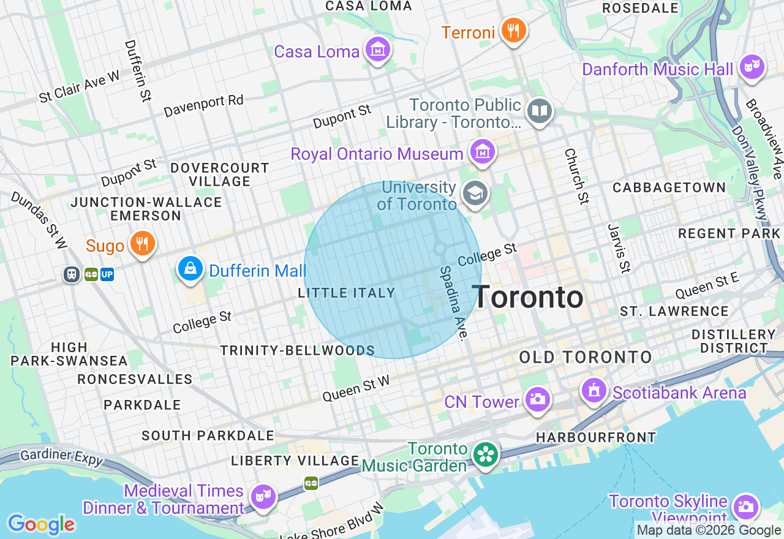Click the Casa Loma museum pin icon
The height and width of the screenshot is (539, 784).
click(x=378, y=50)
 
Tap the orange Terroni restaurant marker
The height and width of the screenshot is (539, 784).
click(x=513, y=30)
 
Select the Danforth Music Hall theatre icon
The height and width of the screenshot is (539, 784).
click(x=752, y=67)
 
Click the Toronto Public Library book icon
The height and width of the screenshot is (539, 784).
click(x=540, y=111)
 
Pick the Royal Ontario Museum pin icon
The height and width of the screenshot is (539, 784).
click(x=482, y=151)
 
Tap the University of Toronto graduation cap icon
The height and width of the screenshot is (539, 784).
click(x=474, y=194)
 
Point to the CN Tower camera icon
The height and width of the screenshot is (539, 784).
click(x=537, y=399)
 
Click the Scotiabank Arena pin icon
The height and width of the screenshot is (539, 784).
click(x=593, y=390)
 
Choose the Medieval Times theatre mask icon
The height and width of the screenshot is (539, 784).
click(x=263, y=496)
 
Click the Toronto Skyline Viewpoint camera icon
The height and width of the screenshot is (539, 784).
click(x=745, y=507)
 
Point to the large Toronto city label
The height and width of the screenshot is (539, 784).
click(x=528, y=298)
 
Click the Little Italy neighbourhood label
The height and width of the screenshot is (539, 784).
click(x=347, y=293)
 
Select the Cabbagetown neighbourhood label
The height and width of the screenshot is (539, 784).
click(x=669, y=187)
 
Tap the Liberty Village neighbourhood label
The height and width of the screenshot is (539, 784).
click(x=295, y=461)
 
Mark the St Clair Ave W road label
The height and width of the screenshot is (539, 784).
click(x=80, y=88)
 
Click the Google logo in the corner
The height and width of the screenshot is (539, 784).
click(x=41, y=525)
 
